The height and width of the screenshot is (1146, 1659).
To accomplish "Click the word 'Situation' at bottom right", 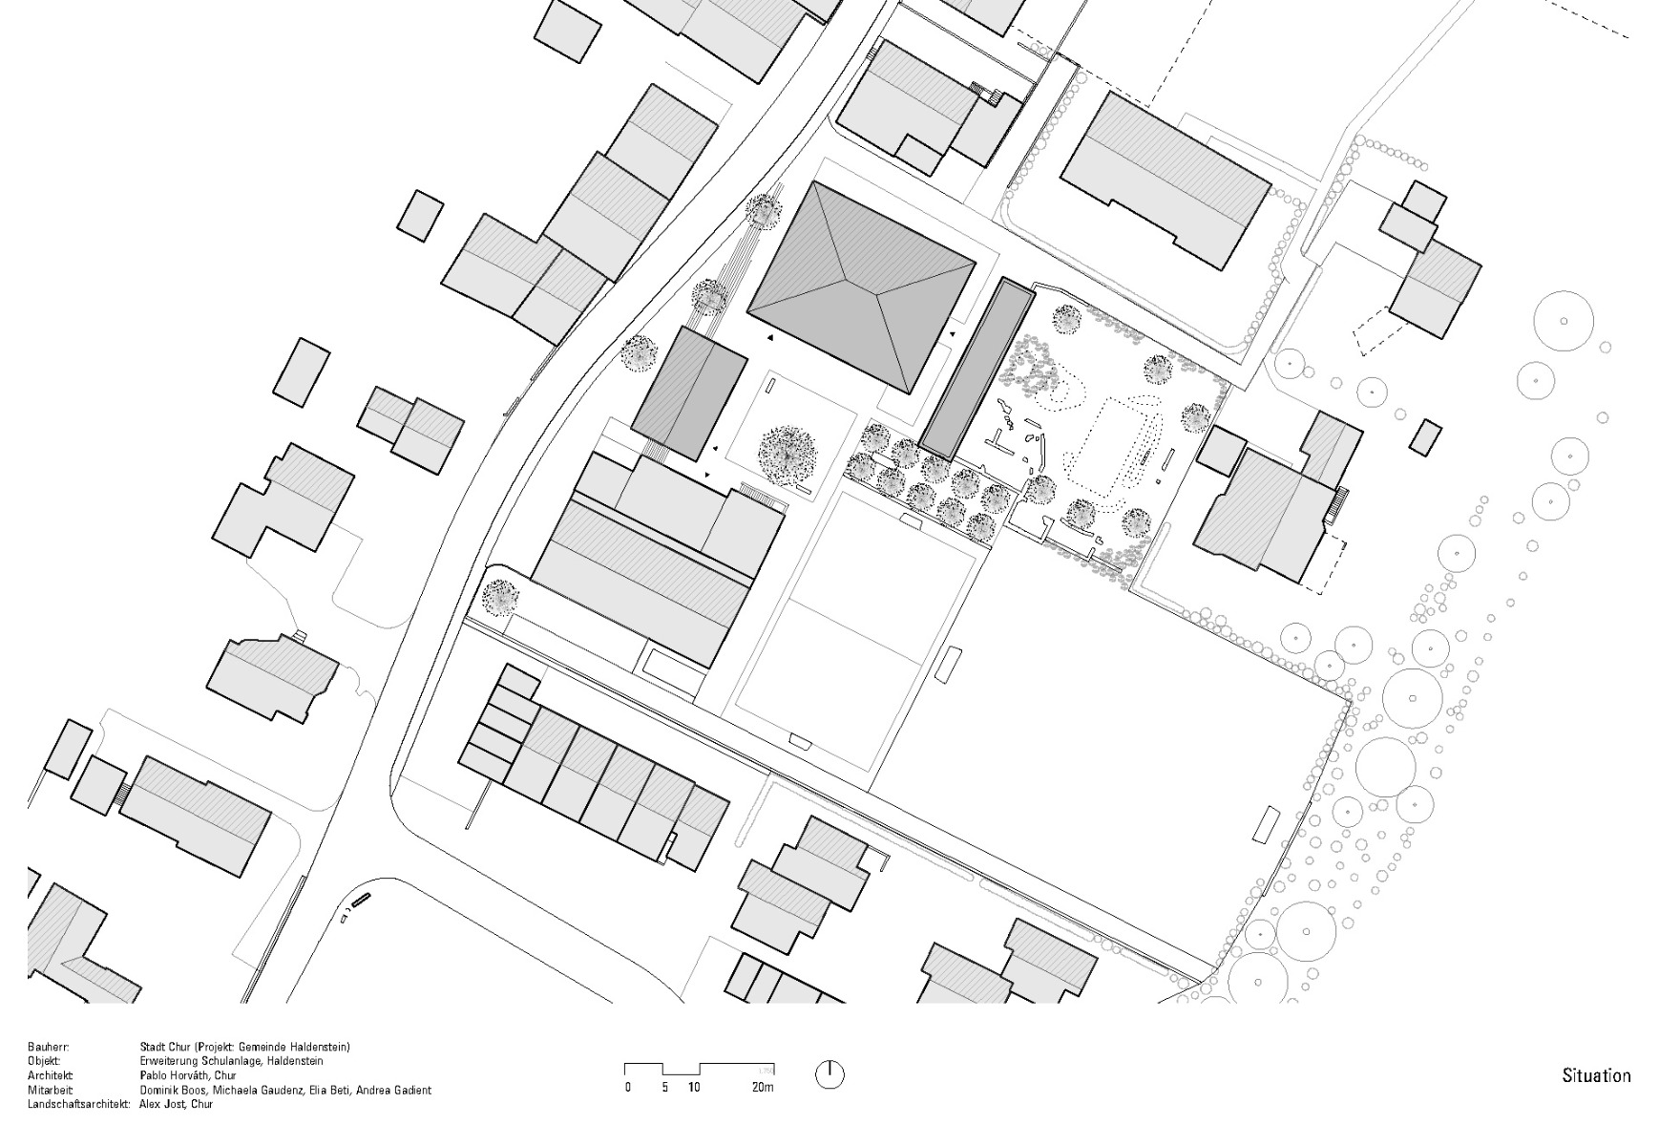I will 1596,1075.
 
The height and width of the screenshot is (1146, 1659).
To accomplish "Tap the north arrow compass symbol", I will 829,1074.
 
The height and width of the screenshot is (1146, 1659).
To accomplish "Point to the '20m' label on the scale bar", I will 762,1087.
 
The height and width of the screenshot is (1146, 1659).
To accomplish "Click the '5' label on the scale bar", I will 664,1087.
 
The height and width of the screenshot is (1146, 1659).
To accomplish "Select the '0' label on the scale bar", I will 627,1087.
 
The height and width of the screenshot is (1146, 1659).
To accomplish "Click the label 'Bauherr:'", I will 49,1047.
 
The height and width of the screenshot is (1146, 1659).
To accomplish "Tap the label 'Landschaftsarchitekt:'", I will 78,1104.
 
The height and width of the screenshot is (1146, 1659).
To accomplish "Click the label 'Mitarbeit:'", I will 50,1090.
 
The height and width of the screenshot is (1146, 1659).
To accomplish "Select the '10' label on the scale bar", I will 693,1087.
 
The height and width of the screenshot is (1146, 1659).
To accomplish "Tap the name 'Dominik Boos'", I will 171,1090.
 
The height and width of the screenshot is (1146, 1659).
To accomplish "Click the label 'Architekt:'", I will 51,1075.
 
